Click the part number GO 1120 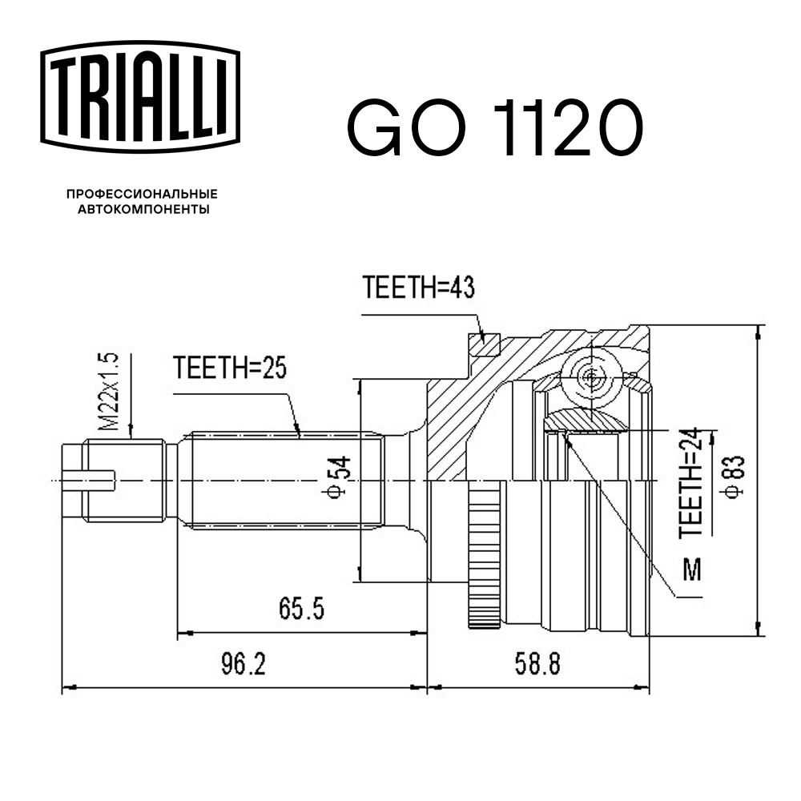point(493,128)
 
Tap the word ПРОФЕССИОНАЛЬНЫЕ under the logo point(142,195)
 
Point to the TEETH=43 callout point(419,288)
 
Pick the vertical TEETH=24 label point(694,483)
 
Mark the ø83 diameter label point(735,478)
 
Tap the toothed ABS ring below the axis point(482,561)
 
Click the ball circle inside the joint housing point(591,376)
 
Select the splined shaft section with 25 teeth point(284,481)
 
